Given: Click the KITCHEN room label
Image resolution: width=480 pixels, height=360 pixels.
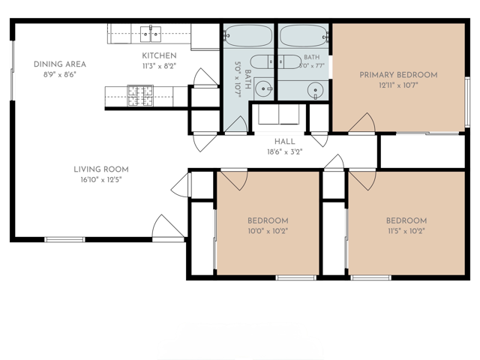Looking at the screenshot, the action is tap(159, 55).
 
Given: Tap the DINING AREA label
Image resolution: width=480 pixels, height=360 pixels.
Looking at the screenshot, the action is tap(60, 64).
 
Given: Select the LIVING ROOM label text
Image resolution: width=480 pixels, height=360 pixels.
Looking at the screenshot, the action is tap(101, 169).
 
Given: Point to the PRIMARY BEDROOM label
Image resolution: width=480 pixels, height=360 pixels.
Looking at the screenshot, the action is tap(398, 75).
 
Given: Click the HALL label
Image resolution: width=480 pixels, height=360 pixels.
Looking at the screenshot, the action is tap(285, 142).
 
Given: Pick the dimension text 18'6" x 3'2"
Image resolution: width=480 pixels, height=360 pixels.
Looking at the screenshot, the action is tap(285, 151).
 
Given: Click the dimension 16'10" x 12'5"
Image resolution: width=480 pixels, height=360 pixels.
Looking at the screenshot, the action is tap(101, 180).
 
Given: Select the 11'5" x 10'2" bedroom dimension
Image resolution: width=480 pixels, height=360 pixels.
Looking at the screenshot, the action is tap(406, 231).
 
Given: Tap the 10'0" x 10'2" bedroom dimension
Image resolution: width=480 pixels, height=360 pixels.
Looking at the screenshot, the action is tap(268, 231).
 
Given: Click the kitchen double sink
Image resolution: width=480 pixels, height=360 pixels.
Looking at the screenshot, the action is tap(151, 34).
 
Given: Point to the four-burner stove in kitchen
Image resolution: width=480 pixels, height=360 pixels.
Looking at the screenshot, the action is tap(140, 96).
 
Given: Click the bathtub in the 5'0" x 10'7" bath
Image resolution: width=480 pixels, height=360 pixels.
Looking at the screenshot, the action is tap(248, 36).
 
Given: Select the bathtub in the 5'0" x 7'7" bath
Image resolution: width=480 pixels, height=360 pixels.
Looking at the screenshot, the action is tap(304, 36).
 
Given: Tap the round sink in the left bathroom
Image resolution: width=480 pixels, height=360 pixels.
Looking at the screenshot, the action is tap(263, 88).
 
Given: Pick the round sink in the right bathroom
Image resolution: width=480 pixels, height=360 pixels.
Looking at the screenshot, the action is tap(315, 90).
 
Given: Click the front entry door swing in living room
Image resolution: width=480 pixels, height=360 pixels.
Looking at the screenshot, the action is tap(168, 226).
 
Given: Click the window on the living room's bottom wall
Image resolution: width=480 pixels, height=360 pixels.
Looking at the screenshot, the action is tap(64, 239).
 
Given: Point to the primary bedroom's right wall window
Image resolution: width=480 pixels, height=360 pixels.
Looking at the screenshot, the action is tap(467, 102).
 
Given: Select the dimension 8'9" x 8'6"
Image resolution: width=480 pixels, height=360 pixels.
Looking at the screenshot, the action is tap(60, 75).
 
